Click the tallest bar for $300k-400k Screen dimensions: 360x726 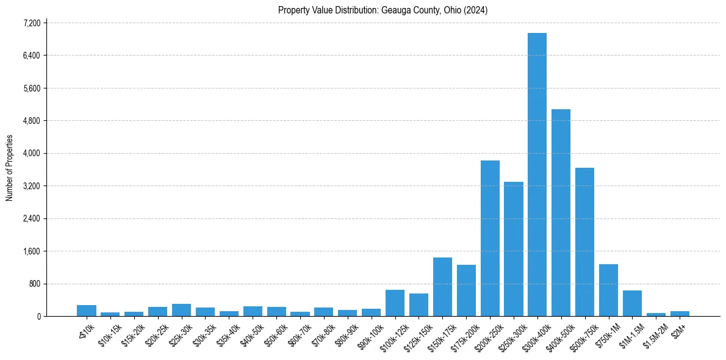(537, 175)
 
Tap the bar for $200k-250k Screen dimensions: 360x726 (490, 238)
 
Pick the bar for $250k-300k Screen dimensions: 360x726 (514, 249)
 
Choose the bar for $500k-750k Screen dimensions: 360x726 (584, 242)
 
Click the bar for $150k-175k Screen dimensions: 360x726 (442, 287)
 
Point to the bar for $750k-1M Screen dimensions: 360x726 (608, 290)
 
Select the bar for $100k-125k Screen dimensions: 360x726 (395, 303)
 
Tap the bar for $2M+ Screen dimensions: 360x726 (680, 314)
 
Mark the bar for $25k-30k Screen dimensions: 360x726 (181, 310)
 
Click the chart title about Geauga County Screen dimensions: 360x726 (383, 10)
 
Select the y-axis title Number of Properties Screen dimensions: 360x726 (10, 168)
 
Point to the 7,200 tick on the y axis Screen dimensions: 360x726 (31, 23)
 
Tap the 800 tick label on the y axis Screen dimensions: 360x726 (35, 284)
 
